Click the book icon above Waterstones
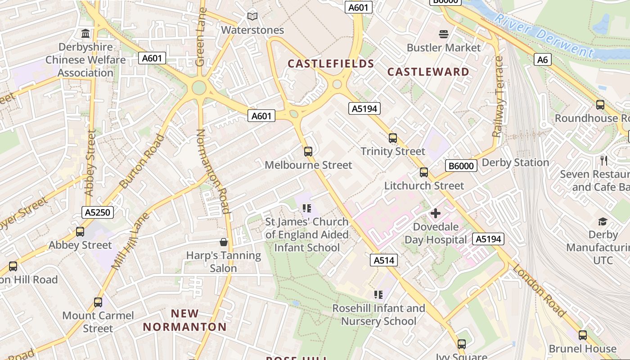pos(252,17)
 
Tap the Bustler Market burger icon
pos(444,34)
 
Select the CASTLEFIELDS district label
pos(331,64)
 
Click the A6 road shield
pos(543,59)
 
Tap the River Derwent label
pos(544,35)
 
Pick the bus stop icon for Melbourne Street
pos(308,152)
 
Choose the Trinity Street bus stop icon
pos(393,138)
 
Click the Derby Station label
pos(515,162)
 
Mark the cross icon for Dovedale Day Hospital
pos(435,213)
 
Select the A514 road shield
pos(384,260)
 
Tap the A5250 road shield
pos(98,212)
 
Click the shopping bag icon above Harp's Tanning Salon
pos(224,243)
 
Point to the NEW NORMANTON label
pos(185,320)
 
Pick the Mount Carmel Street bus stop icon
pos(98,302)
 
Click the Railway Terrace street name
pos(498,97)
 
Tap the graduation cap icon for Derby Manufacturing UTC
pos(603,221)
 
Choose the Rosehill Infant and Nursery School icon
pos(378,295)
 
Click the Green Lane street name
pos(201,37)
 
